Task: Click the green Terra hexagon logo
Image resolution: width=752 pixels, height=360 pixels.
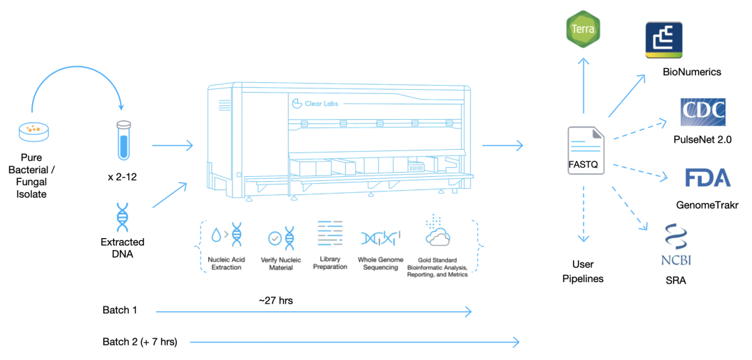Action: [x=583, y=29]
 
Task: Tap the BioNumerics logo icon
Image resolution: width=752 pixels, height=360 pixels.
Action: [x=663, y=40]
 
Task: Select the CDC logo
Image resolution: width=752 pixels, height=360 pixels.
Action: [x=703, y=112]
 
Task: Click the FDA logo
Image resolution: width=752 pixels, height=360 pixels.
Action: [x=707, y=178]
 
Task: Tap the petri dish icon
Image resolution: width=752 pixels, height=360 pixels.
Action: [x=32, y=130]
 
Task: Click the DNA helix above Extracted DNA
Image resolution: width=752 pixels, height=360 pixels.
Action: [x=122, y=217]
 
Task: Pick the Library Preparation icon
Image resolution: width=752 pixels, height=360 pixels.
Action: [x=330, y=233]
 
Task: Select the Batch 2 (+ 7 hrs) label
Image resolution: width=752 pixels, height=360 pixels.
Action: [x=139, y=341]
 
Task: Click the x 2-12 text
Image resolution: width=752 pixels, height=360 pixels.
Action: [x=122, y=176]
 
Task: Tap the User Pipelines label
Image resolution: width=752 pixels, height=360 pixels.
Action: [x=583, y=272]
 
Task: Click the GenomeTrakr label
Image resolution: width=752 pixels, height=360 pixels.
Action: [x=707, y=205]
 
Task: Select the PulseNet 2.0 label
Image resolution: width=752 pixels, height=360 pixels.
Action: [x=702, y=139]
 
